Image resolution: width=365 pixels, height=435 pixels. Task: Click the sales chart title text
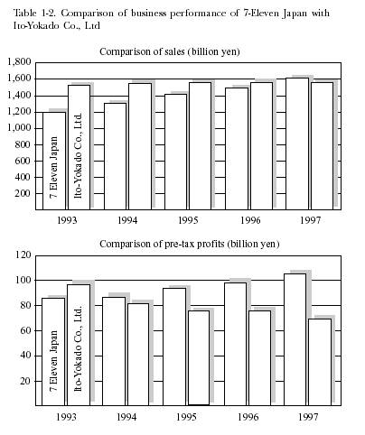pos(170,52)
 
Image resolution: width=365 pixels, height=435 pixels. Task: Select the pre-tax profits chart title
pos(190,244)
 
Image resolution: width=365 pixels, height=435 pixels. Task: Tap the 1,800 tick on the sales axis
pos(20,62)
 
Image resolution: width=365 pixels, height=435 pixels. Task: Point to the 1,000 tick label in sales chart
pos(20,128)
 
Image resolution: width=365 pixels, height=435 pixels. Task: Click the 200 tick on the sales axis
pos(23,193)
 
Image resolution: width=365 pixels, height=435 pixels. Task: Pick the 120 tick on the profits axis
pos(23,255)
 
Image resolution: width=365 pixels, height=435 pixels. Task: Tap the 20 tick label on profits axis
pos(25,381)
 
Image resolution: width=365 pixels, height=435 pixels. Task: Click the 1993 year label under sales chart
pos(67,220)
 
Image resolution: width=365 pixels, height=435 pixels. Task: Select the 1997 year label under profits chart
pos(308,417)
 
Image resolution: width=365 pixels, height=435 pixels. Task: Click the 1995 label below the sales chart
pos(188,220)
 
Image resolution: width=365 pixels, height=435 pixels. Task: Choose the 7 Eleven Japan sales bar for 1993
pos(54,161)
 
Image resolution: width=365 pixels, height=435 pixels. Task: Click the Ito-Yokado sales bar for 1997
pos(322,146)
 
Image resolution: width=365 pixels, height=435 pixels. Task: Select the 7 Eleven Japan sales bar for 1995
pos(175,152)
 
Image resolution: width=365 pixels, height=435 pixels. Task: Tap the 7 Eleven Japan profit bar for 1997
pos(295,339)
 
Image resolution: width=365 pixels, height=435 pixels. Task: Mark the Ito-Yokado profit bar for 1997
pos(320,362)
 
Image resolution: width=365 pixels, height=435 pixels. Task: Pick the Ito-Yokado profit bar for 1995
pos(199,358)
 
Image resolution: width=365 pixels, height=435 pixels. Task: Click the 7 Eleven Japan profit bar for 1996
pos(235,344)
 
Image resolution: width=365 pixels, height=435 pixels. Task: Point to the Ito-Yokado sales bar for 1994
pos(140,146)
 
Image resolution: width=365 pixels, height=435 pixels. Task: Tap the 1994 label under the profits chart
pos(126,417)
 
